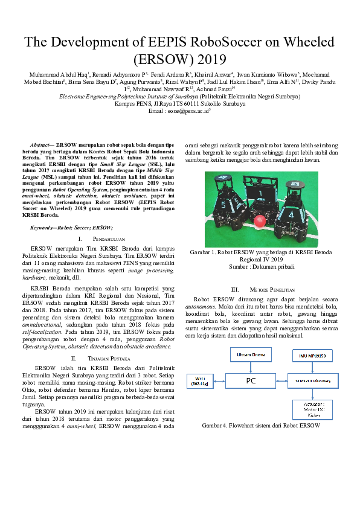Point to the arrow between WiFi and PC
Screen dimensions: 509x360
coord(217,381)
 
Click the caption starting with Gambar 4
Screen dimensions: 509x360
coord(260,425)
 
